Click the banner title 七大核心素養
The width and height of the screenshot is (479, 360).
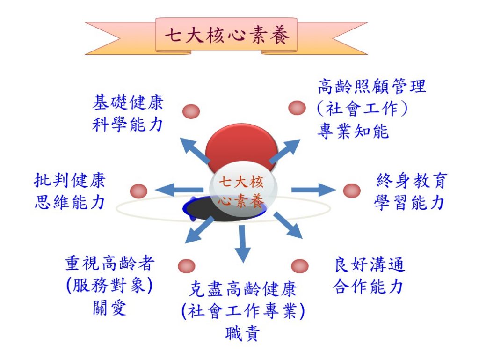[x=227, y=36]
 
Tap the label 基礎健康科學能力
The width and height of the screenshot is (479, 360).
[x=128, y=113]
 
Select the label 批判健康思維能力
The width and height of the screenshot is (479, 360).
[x=70, y=191]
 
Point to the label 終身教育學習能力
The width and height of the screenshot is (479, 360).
[x=410, y=191]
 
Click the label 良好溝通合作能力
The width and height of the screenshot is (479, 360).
[x=369, y=276]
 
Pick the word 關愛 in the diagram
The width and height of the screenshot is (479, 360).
[x=109, y=308]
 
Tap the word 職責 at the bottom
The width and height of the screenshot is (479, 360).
[x=242, y=333]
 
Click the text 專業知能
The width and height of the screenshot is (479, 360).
[x=353, y=132]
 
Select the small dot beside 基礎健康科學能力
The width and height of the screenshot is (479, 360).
[x=191, y=111]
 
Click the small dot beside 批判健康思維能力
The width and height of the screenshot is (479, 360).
[x=138, y=191]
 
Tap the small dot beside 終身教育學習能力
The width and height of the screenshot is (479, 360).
[x=352, y=191]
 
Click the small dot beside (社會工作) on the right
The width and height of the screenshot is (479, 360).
[x=297, y=108]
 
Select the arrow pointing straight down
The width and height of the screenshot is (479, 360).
[x=243, y=243]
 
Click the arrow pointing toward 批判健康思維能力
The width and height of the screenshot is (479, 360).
[x=179, y=190]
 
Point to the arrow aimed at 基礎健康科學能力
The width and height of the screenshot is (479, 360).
[x=195, y=151]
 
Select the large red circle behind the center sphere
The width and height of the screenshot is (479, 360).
[x=241, y=144]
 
